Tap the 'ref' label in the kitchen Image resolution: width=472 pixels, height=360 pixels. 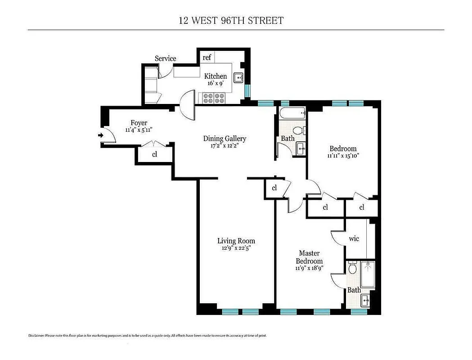(207, 58)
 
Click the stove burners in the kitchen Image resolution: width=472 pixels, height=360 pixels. (214, 97)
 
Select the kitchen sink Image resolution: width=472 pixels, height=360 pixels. (239, 77)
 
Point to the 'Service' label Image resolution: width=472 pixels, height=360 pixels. (166, 58)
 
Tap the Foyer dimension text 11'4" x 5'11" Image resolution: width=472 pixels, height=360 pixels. (139, 130)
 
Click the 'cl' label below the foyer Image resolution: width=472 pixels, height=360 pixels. (154, 154)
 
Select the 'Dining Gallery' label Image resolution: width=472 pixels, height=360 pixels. (225, 139)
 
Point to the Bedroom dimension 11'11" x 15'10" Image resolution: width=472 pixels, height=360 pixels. (343, 156)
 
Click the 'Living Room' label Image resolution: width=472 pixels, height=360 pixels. (236, 241)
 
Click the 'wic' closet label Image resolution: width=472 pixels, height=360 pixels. (354, 238)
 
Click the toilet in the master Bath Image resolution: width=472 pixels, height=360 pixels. (352, 269)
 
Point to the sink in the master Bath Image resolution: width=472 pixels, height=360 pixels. (367, 298)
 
